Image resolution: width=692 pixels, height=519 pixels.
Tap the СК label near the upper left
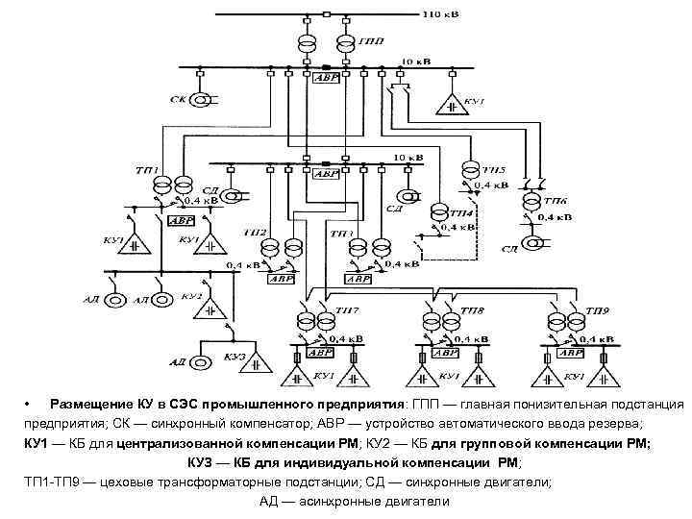pos(179,98)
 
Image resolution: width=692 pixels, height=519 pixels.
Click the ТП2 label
pos(255,233)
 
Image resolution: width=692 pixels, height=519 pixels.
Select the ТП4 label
pos(461,211)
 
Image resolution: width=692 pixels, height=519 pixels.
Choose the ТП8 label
pos(472,313)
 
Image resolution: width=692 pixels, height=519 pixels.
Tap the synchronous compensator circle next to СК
pos(203,98)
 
